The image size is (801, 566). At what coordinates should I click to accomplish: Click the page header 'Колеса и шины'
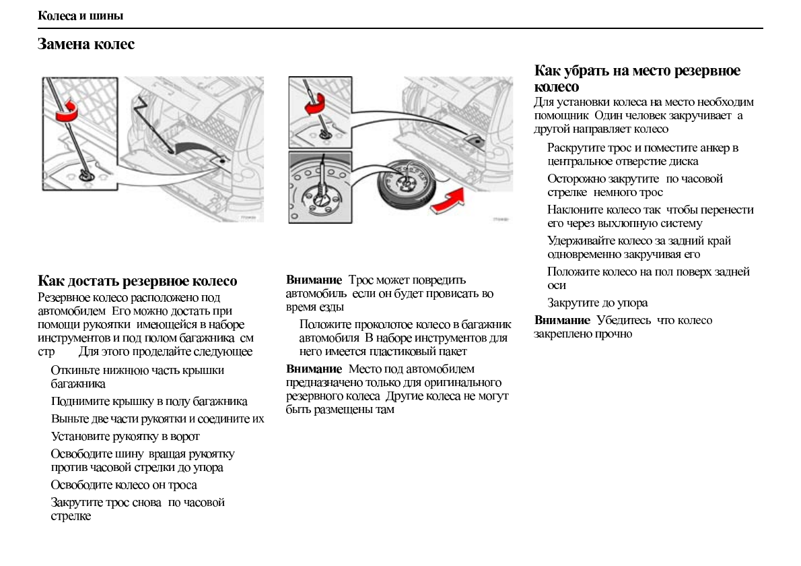pos(80,15)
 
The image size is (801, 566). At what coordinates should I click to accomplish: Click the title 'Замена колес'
pos(85,44)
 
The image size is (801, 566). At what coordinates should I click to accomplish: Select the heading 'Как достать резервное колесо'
pos(137,281)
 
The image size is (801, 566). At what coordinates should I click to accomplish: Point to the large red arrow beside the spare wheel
pos(448,199)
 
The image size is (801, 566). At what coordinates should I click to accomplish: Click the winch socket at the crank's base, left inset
pos(87,177)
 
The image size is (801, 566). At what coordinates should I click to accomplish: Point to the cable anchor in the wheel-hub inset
pos(322,196)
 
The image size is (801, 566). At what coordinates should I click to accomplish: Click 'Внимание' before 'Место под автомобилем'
pos(314,369)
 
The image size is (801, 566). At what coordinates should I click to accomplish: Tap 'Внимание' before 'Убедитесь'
pos(562,320)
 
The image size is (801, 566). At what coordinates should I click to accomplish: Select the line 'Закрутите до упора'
pos(597,303)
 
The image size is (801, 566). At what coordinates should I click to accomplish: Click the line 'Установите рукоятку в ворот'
pos(125,436)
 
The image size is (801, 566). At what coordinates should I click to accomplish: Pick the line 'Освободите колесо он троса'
pos(124,485)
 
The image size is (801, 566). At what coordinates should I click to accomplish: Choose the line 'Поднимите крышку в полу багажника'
pos(149,402)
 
